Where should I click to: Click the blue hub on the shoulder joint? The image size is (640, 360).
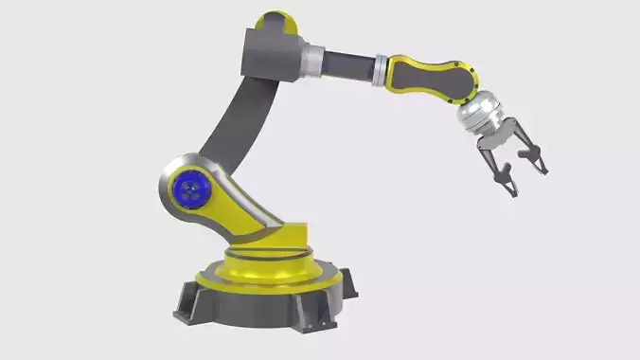tap(192, 192)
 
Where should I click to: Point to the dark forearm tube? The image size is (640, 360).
tap(350, 67)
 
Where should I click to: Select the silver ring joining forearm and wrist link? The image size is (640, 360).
tap(381, 71)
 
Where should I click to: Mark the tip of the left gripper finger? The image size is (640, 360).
tap(512, 192)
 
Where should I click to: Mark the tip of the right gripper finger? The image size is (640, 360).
tap(543, 170)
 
